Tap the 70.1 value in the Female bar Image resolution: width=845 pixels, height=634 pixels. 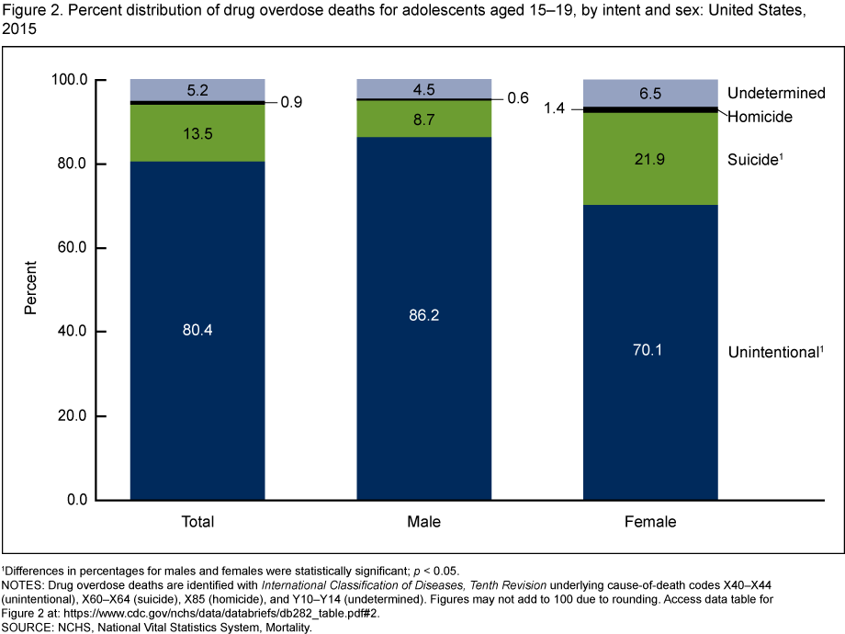[649, 349]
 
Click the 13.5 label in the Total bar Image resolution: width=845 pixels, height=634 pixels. [197, 132]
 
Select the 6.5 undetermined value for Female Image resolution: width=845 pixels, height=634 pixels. [649, 94]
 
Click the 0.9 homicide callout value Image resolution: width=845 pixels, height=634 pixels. [290, 102]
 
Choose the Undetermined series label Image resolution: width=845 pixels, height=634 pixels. [776, 94]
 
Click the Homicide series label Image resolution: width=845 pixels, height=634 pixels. [760, 117]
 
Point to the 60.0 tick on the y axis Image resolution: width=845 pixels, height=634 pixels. [70, 248]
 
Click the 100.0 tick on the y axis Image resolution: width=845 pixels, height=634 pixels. [66, 80]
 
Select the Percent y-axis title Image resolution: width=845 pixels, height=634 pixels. [30, 289]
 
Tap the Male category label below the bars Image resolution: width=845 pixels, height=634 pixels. [423, 522]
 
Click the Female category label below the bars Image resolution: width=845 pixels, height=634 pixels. [649, 522]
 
